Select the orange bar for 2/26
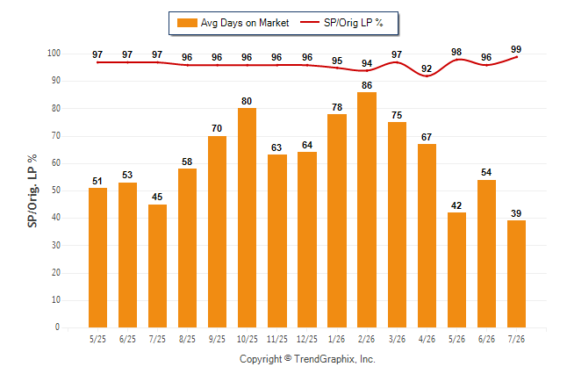tap(367, 210)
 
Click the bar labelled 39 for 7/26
tap(516, 274)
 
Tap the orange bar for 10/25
tap(247, 218)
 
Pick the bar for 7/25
tap(157, 266)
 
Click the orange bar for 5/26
tap(456, 270)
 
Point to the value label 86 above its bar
tap(367, 85)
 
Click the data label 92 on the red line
tap(427, 68)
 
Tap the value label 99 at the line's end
tap(516, 49)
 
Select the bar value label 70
tap(217, 128)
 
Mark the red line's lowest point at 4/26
tap(427, 76)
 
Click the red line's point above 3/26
tap(397, 62)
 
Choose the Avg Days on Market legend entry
tap(233, 23)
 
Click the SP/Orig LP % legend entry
tap(341, 23)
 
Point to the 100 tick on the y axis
tap(54, 54)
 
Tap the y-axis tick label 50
tap(55, 190)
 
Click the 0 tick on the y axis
tap(58, 327)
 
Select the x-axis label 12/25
tap(307, 339)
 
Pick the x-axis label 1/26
tap(337, 339)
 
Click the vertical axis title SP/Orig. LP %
tap(32, 190)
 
